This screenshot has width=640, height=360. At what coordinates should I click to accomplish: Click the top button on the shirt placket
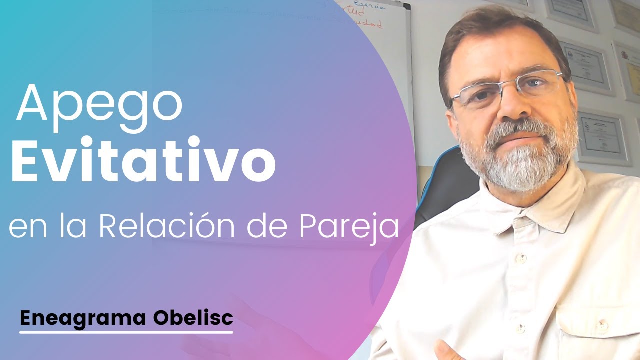520,258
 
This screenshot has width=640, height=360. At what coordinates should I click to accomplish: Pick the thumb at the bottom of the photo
442,347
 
